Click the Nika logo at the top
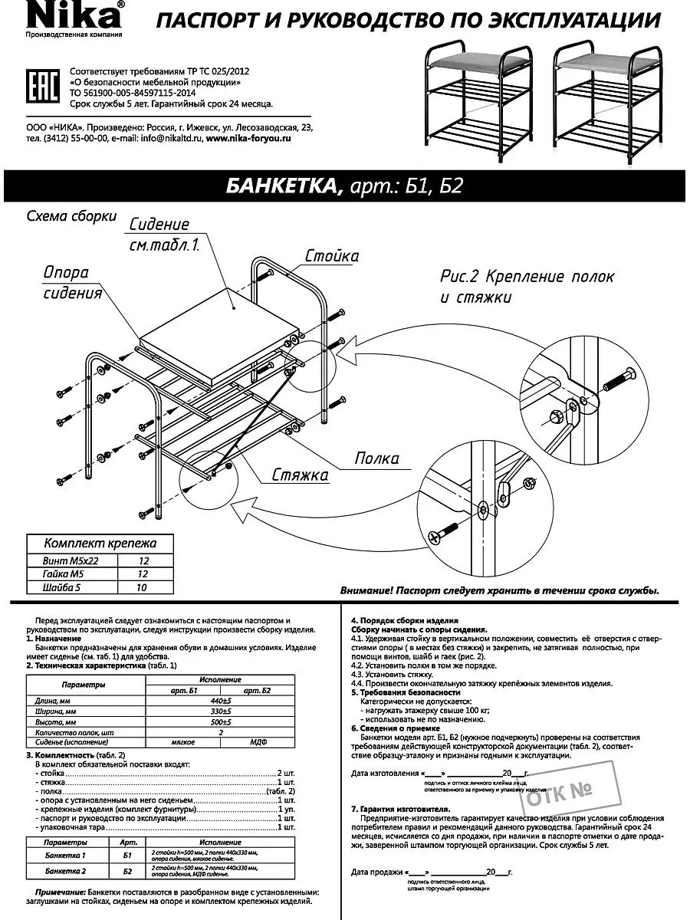pos(74,15)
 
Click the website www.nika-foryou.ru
pos(249,139)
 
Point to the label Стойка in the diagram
pos(332,256)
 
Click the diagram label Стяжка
pos(301,475)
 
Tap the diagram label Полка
pos(376,458)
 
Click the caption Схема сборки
pos(71,215)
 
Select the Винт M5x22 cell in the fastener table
pos(72,561)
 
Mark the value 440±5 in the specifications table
pos(221,701)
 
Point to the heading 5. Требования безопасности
pos(400,692)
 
